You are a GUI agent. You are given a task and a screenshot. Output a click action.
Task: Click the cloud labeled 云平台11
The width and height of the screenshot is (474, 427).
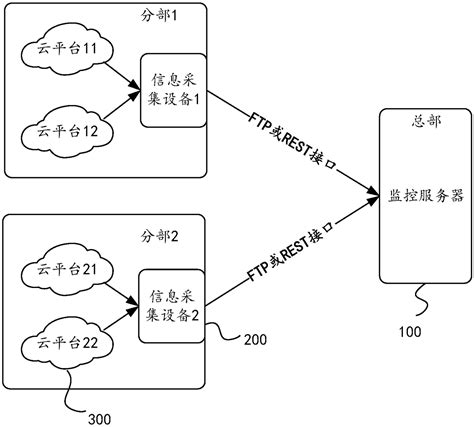65,47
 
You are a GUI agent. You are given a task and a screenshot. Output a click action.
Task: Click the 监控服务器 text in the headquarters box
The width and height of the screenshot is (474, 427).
426,197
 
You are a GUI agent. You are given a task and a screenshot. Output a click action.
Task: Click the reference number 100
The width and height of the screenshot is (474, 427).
410,330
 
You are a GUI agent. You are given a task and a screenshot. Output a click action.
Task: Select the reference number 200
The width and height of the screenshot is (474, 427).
255,339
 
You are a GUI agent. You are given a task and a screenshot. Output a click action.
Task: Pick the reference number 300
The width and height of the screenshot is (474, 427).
100,415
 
